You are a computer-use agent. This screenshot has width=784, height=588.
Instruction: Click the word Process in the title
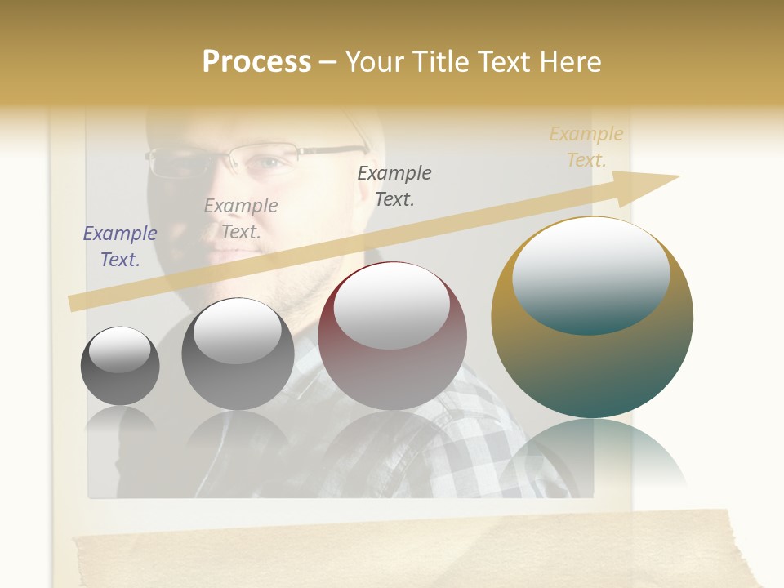click(256, 62)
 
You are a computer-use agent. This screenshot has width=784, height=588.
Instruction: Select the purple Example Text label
click(120, 247)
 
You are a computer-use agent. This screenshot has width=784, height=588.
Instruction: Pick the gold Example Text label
click(586, 147)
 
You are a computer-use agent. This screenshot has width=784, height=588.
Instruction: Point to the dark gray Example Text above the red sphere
click(394, 185)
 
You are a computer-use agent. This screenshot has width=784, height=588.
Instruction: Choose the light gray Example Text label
click(241, 219)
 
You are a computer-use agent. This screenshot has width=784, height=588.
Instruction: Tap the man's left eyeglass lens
click(177, 162)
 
